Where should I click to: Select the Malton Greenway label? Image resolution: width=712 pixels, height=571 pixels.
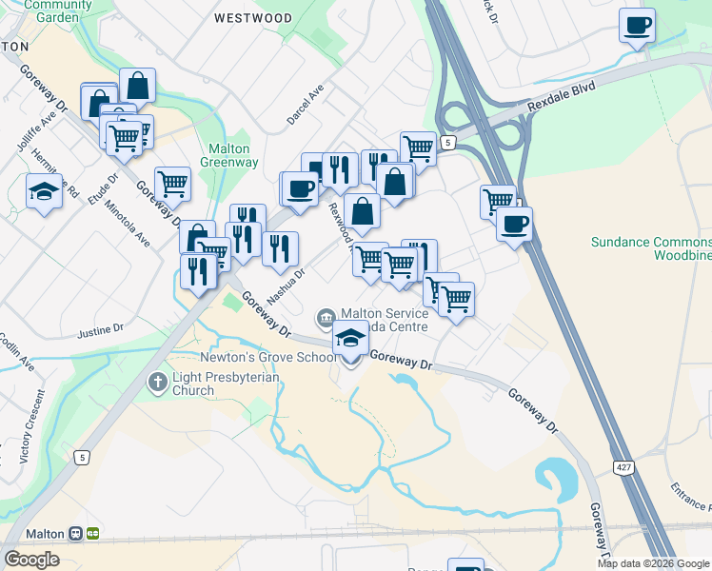point(229,155)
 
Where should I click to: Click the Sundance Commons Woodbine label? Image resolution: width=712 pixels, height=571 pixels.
point(651,248)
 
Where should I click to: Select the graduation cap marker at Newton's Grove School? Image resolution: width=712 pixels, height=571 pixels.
point(350,339)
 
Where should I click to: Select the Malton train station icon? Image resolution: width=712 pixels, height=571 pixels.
point(92,534)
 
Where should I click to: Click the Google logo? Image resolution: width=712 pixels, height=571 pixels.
point(31,560)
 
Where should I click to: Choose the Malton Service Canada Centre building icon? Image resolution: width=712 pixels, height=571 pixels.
point(326,316)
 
